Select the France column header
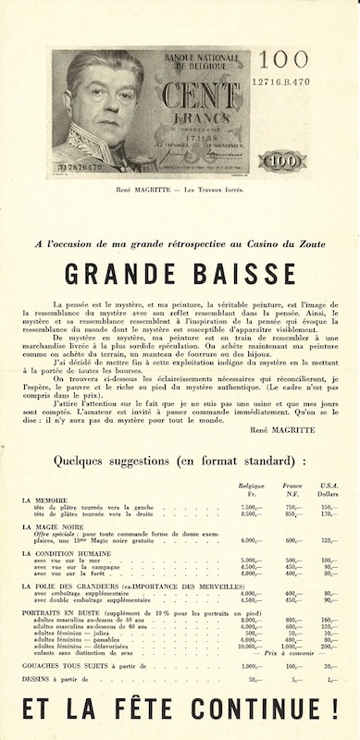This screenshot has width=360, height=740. [x=292, y=485]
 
